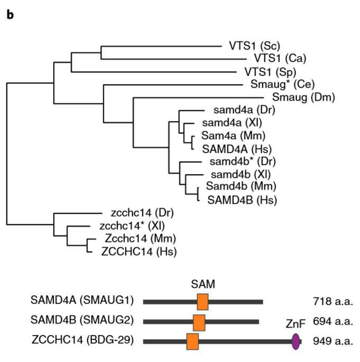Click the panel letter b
pos(10,15)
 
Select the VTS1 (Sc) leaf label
pos(254,46)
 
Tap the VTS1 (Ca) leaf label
pos(280,58)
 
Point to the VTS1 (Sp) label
pos(270,72)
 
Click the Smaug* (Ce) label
pos(282,85)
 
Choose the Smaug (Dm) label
pos(303,97)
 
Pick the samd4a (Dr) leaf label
pos(244,110)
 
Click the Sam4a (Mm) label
pos(233,135)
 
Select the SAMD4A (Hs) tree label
pos(237,149)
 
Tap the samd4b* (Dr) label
pos(243,161)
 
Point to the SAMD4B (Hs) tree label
pos(242,200)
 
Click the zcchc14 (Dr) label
pos(142,213)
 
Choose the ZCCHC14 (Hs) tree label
pos(139,251)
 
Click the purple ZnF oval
pos(296,342)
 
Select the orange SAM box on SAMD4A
pos(202,302)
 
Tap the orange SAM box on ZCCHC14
pos(192,341)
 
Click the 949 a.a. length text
pos(333,341)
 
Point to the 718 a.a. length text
pos(333,302)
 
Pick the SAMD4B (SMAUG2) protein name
pos(82,320)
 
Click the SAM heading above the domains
pos(203,284)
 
